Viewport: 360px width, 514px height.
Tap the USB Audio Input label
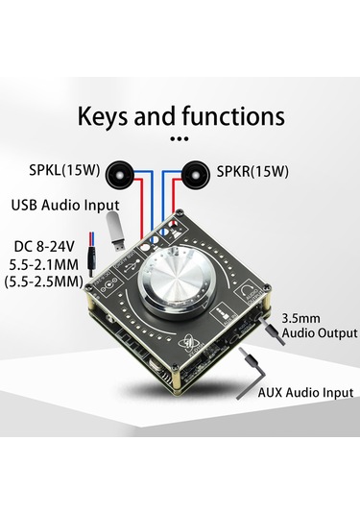[65, 205]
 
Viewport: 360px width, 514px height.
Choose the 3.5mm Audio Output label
[320, 324]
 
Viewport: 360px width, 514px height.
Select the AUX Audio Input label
[305, 393]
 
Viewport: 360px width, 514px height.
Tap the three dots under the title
[180, 139]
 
